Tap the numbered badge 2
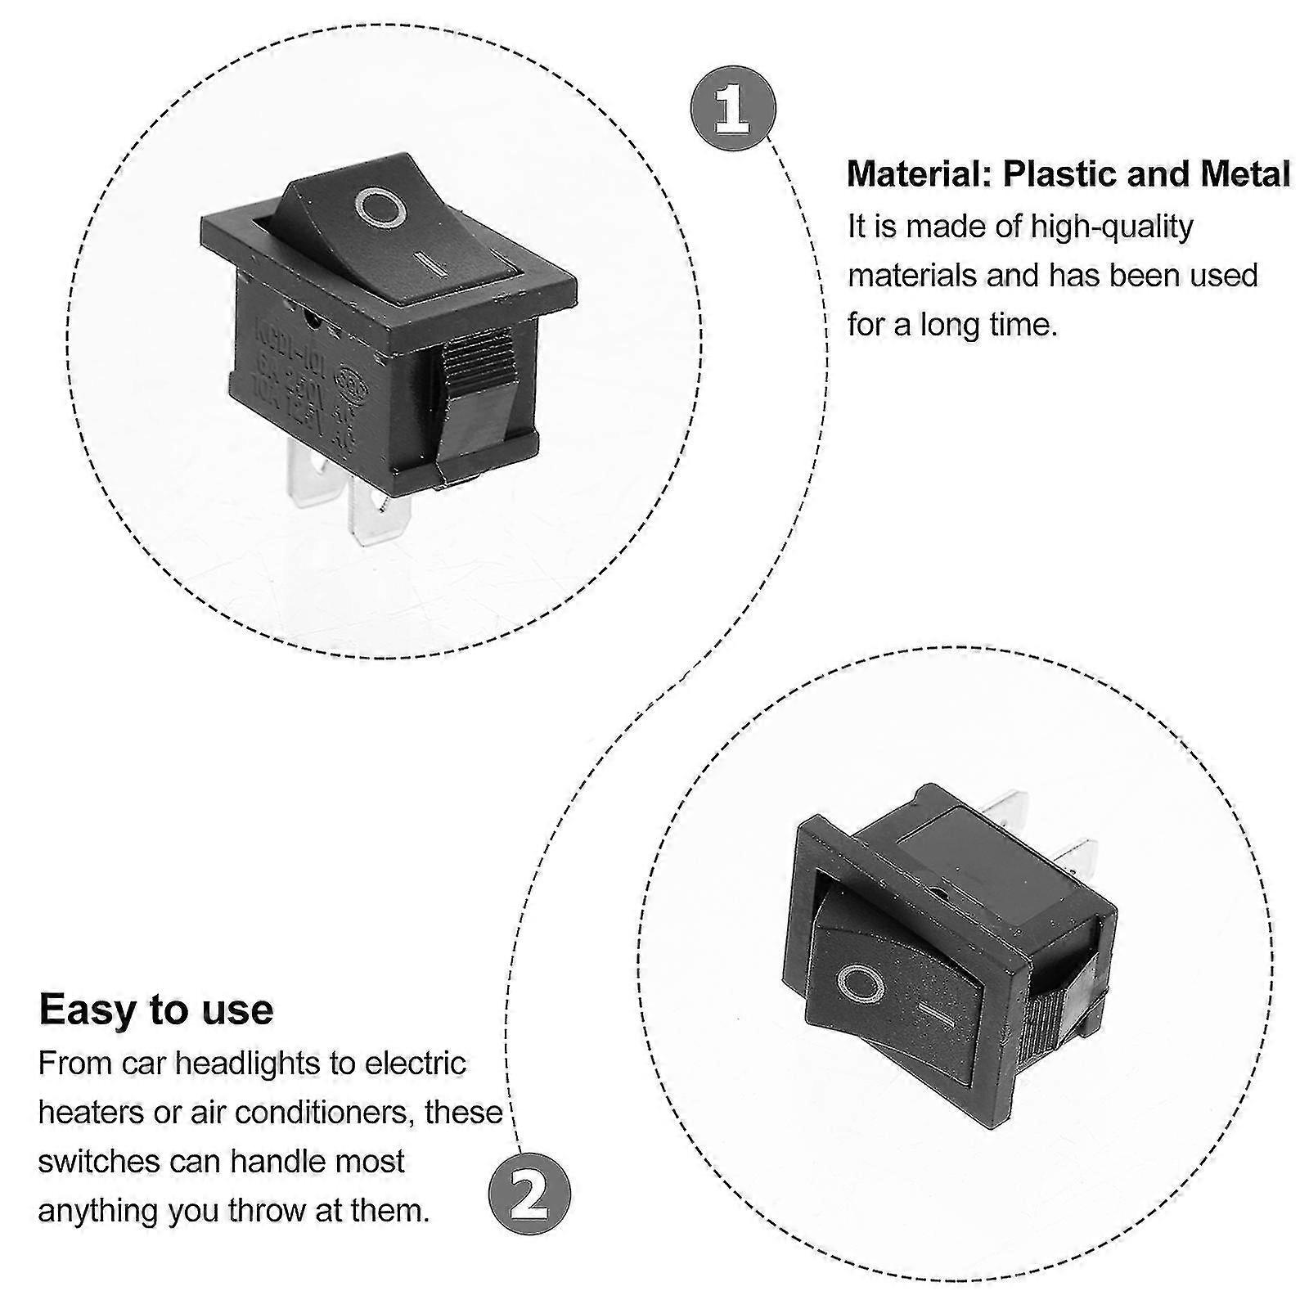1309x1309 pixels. (529, 1199)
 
